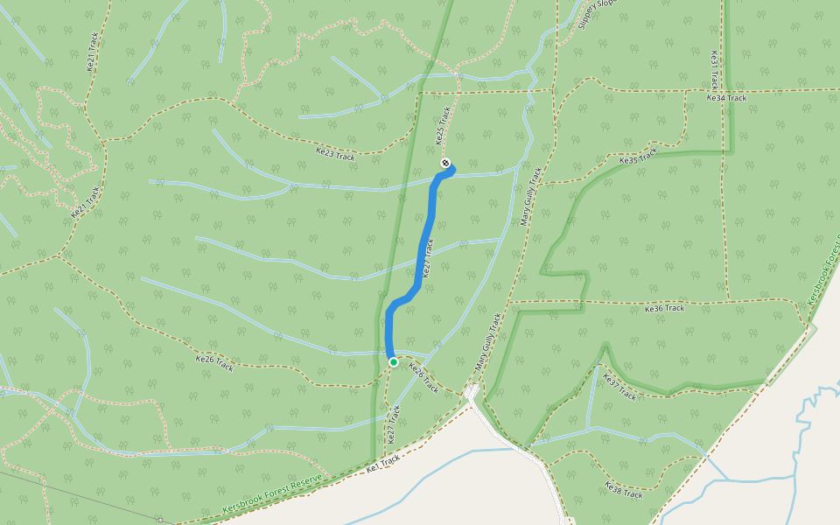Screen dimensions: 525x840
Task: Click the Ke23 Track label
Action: point(335,154)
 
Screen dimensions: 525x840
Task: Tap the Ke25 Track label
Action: point(443,126)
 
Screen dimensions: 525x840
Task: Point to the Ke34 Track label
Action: point(726,98)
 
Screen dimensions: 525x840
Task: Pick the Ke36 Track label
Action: point(664,309)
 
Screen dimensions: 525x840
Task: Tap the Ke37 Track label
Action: point(619,386)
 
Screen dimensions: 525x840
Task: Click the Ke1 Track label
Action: point(383,464)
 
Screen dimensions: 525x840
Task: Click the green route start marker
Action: point(394,362)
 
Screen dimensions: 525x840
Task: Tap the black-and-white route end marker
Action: point(446,163)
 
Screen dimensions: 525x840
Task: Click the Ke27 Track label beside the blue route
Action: point(429,260)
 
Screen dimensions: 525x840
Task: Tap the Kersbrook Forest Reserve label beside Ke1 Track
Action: point(272,495)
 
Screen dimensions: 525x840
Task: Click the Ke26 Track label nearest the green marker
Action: point(423,377)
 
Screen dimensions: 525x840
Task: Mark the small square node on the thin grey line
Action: point(160,520)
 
